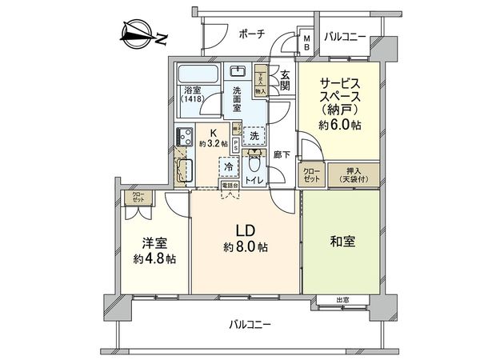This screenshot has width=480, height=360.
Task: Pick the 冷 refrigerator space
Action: pos(228,169)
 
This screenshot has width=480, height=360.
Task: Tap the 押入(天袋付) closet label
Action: pos(351,174)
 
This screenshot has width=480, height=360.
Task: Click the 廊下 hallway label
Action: pos(280,152)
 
